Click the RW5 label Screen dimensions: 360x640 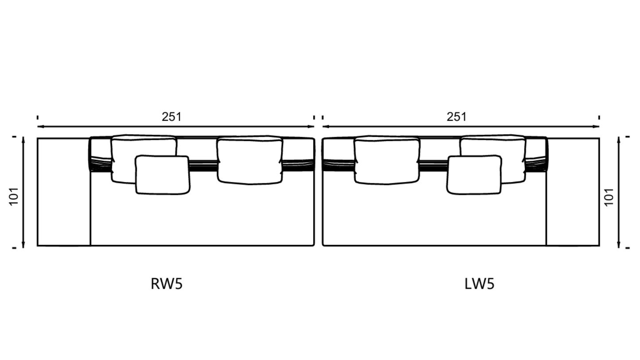tap(167, 284)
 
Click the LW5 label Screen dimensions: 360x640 tap(479, 284)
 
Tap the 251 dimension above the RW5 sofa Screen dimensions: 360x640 tap(171, 117)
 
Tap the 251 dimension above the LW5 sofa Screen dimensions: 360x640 tap(456, 117)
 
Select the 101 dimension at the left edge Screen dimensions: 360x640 tap(14, 196)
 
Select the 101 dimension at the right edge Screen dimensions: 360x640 tap(609, 197)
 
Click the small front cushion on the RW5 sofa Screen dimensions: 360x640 tap(162, 175)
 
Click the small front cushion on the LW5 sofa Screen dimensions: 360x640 tap(474, 175)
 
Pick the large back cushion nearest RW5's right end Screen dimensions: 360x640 tap(249, 160)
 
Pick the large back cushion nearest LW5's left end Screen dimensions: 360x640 tap(386, 160)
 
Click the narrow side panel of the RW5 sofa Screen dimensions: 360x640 tap(64, 192)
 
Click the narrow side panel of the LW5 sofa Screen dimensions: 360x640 tap(573, 192)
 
